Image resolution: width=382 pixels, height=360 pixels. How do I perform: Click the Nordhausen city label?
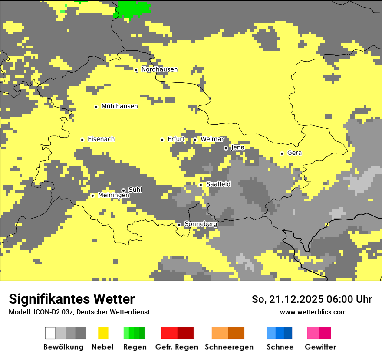coord(159,69)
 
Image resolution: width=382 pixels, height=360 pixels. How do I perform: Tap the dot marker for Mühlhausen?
coord(96,107)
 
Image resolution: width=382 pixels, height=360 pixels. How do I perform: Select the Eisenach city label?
coord(101,139)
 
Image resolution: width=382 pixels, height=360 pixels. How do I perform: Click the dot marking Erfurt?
coord(162,140)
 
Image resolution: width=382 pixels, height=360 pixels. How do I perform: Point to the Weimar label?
coord(212,139)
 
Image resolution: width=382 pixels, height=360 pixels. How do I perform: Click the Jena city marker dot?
coord(226,148)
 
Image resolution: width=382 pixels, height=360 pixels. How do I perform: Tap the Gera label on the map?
coord(294,153)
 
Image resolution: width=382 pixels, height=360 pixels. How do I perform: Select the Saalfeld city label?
coord(218,184)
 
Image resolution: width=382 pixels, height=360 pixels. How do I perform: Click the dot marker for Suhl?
coord(123,190)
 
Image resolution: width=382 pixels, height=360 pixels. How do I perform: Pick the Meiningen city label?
coord(114,196)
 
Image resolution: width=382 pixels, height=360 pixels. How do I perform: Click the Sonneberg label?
coord(201,224)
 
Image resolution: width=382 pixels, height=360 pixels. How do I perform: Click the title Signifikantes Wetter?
coord(72,299)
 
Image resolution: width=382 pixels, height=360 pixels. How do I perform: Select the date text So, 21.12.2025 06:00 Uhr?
coord(312,299)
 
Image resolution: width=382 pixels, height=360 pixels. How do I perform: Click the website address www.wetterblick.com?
coord(313,312)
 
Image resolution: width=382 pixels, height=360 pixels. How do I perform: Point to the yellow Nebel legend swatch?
coord(103,333)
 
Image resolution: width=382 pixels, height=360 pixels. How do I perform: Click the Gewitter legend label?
coord(320,347)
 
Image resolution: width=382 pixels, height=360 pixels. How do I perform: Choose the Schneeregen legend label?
coord(229,347)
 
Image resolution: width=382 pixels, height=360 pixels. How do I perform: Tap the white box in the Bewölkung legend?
coord(50,333)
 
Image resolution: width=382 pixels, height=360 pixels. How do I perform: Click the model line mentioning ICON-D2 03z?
coord(79,312)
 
